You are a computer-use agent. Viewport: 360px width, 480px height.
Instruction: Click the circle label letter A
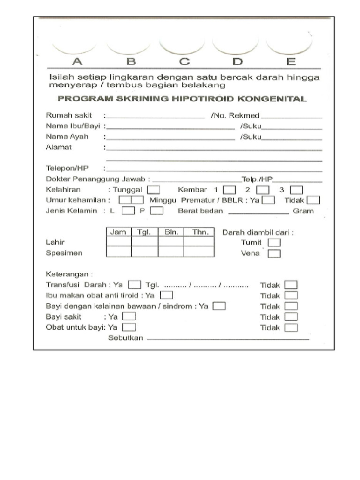[77, 61]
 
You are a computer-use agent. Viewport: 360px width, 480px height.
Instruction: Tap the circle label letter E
[291, 61]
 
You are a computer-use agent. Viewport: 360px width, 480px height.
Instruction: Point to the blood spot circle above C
[182, 45]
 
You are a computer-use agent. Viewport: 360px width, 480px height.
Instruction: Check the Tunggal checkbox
[154, 190]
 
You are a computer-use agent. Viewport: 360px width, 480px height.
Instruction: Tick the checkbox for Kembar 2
[263, 190]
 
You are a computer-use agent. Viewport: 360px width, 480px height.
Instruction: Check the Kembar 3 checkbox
[296, 190]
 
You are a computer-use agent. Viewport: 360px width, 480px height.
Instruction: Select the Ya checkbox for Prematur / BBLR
[268, 200]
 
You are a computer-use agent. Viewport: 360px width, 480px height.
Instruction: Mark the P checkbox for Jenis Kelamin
[157, 211]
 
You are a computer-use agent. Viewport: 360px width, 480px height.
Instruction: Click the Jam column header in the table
[118, 232]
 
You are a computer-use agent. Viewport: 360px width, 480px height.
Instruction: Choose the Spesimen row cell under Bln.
[171, 252]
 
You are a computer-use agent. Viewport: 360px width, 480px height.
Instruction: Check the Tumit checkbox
[275, 242]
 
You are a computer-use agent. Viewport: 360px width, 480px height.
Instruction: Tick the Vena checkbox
[275, 254]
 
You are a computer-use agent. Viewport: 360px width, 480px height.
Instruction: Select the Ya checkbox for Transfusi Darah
[135, 285]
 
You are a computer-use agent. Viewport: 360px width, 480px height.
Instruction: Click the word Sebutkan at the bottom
[125, 338]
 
